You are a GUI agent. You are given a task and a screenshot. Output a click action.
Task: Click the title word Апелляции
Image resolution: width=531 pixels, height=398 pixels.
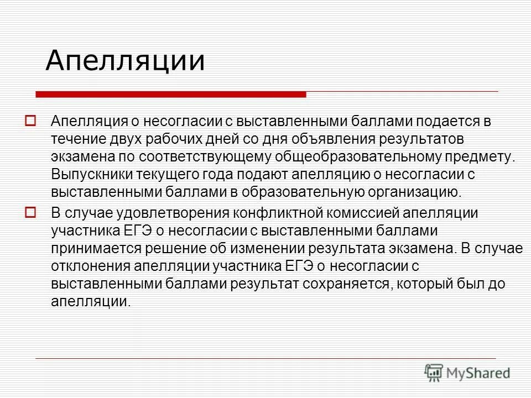point(125,61)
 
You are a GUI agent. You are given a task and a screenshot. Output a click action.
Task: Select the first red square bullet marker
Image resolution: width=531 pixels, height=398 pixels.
point(31,120)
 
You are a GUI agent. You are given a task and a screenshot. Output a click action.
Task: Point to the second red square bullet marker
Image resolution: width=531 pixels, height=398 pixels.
point(31,212)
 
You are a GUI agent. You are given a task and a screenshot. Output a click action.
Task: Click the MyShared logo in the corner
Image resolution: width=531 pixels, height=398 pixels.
point(467,373)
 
